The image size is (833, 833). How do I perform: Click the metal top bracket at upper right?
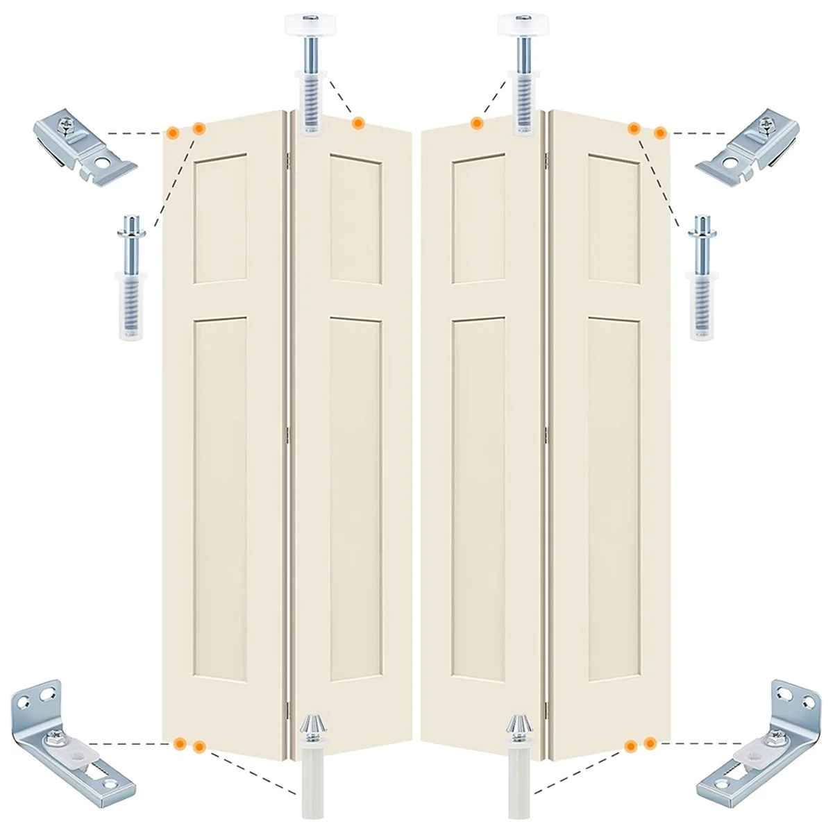coord(750,145)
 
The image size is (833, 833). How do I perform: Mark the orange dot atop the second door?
coord(357,124)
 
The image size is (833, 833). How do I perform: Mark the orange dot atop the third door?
coord(476,124)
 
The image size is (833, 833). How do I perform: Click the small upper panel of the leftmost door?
coord(221,219)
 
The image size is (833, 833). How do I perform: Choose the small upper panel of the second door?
coord(355,219)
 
